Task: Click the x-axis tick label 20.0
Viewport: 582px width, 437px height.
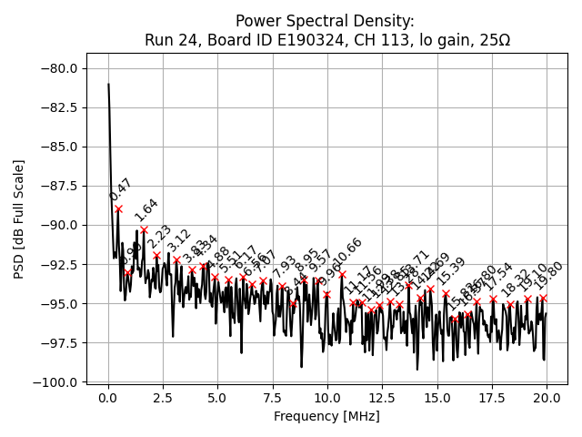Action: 547,399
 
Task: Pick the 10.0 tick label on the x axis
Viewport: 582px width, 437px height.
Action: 327,399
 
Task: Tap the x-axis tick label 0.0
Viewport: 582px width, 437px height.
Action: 108,399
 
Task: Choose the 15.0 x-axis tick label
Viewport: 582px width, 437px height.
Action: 437,399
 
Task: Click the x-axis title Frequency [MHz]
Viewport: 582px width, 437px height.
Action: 326,417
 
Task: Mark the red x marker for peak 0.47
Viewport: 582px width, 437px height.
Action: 118,208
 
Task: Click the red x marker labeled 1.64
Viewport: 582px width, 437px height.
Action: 144,229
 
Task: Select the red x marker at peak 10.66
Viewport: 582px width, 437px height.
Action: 342,273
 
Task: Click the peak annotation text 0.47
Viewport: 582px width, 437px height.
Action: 120,189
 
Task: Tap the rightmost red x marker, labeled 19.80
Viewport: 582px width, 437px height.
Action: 543,298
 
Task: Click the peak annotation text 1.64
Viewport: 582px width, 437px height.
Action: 145,209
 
